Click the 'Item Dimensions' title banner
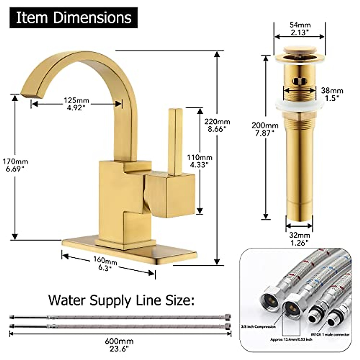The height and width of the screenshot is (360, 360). coord(73,18)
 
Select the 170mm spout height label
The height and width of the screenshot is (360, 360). coord(15,165)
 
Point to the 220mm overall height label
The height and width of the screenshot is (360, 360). coord(217,125)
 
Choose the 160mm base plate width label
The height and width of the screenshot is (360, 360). coord(105,263)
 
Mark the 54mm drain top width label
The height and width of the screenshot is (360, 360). coord(300,28)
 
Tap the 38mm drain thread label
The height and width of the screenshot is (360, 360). coord(332,94)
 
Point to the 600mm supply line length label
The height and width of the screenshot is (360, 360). coord(119,345)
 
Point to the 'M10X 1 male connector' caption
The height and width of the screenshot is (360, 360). coord(332,334)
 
